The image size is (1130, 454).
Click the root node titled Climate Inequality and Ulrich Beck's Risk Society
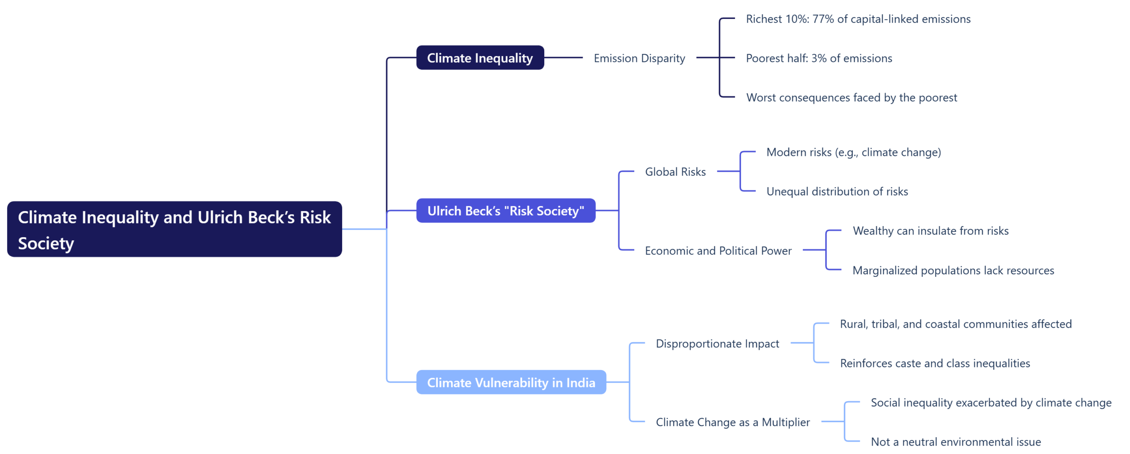tap(174, 229)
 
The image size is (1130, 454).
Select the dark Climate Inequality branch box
tap(479, 57)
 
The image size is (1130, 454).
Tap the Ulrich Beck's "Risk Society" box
tap(505, 210)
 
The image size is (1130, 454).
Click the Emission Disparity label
tap(639, 58)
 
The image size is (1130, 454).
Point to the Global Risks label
tap(675, 171)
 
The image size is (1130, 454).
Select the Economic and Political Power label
tap(718, 250)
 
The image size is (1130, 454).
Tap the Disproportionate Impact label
tap(717, 343)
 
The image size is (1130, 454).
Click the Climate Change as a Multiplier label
tap(732, 422)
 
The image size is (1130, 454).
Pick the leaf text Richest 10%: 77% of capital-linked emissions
tap(858, 19)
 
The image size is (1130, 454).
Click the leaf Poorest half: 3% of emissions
tap(818, 58)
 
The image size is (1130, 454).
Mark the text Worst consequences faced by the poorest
tap(851, 97)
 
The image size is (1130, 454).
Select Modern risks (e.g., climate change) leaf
tap(853, 152)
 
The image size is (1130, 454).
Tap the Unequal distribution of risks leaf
tap(837, 191)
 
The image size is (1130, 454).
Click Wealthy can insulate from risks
tap(930, 231)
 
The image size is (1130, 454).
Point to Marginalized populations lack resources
tap(953, 270)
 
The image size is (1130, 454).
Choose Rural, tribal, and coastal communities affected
tap(955, 324)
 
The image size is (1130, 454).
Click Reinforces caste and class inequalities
tap(934, 363)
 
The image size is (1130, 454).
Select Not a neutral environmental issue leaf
tap(955, 441)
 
